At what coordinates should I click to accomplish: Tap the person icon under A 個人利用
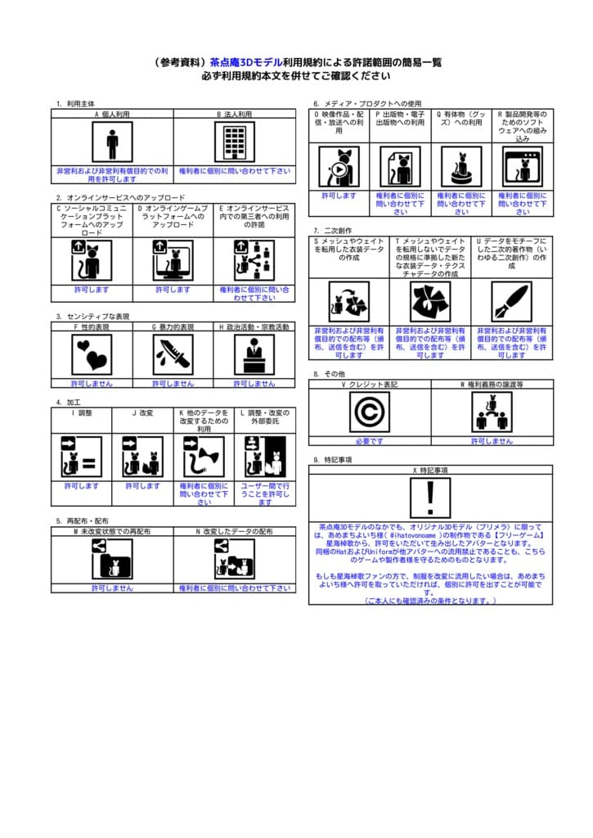[x=112, y=142]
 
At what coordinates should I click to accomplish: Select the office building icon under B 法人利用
[x=235, y=142]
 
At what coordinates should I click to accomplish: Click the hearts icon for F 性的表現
[x=92, y=355]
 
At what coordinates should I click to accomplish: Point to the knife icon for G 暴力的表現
[x=173, y=355]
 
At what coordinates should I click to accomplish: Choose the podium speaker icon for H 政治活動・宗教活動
[x=254, y=355]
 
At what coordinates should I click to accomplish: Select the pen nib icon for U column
[x=512, y=301]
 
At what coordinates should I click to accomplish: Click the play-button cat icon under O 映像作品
[x=339, y=167]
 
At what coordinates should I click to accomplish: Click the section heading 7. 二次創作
[x=333, y=231]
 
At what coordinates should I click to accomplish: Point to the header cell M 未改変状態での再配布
[x=112, y=532]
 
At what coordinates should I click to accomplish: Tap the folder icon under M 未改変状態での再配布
[x=112, y=560]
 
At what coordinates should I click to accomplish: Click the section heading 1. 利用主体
[x=76, y=104]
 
